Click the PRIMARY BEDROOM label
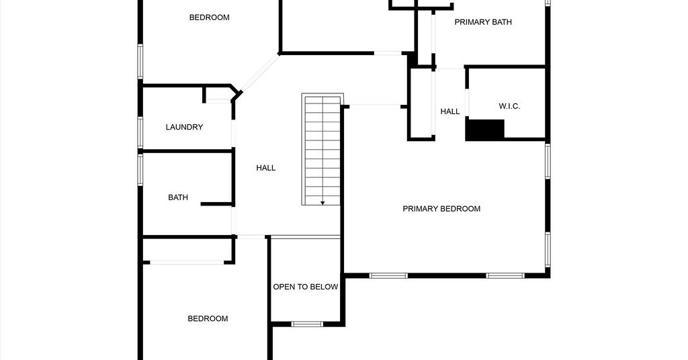tap(441, 209)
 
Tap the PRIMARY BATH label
tap(482, 22)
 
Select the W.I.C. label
tap(509, 106)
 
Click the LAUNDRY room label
tap(184, 127)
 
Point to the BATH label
tap(178, 197)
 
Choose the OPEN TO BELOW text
tap(306, 287)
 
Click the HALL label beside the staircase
tap(266, 167)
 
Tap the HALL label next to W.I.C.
tap(450, 111)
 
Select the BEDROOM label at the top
tap(210, 17)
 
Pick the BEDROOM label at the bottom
tap(208, 319)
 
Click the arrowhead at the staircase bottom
tap(322, 203)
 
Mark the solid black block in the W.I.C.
tap(485, 130)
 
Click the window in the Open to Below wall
tap(307, 324)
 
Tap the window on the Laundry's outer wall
tap(140, 132)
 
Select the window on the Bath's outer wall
tap(140, 169)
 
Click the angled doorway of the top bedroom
tap(259, 73)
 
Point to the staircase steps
tap(322, 149)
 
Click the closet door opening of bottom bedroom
tap(187, 263)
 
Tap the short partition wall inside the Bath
tap(217, 204)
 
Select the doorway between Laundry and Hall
tap(233, 133)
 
